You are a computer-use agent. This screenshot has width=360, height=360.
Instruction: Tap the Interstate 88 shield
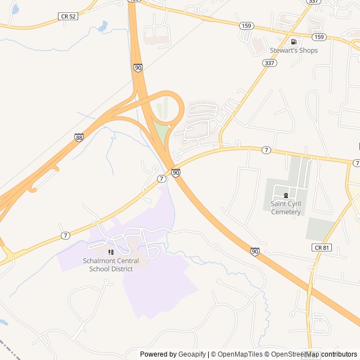click(x=79, y=137)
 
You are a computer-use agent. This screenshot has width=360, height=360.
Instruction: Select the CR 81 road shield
click(x=319, y=247)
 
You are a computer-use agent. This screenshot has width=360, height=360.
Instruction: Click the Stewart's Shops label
click(x=294, y=51)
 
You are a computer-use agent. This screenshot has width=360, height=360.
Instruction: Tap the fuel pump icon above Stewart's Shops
click(x=293, y=42)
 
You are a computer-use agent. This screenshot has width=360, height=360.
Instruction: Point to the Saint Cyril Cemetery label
click(x=286, y=208)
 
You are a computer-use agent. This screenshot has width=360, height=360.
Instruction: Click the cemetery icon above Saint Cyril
click(x=286, y=195)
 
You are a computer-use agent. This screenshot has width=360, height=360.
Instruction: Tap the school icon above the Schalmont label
click(x=111, y=253)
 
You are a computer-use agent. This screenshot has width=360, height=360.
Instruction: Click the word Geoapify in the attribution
click(x=192, y=354)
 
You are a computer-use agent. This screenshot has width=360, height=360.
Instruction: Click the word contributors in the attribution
click(x=339, y=354)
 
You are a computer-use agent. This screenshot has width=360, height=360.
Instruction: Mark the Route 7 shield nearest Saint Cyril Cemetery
click(x=266, y=150)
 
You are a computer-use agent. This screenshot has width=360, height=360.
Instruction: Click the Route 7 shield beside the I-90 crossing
click(x=161, y=179)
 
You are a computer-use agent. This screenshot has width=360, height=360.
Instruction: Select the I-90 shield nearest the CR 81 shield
click(x=255, y=251)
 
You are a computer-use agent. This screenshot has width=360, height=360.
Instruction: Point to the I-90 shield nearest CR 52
click(x=138, y=67)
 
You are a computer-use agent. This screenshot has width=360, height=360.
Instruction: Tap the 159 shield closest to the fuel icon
click(x=319, y=37)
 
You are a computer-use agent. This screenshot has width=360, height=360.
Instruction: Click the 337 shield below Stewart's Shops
click(x=269, y=63)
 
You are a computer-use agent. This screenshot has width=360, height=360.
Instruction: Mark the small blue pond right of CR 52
click(x=102, y=26)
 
